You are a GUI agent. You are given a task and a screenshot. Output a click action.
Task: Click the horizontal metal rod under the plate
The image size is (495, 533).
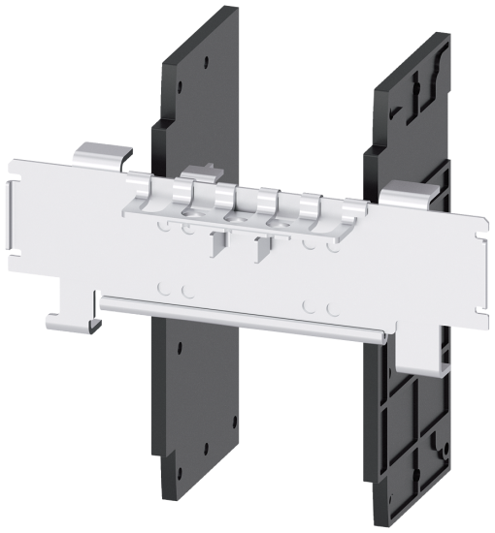pyautogui.click(x=243, y=315)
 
